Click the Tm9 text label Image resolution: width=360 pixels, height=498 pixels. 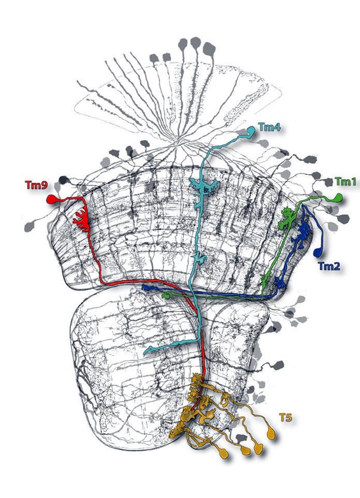(x=37, y=185)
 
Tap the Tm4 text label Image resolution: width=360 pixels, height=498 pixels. (x=269, y=127)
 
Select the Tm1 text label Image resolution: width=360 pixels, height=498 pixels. (x=346, y=182)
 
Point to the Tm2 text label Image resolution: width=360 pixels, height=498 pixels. (x=329, y=266)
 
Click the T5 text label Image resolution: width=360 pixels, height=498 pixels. (x=286, y=418)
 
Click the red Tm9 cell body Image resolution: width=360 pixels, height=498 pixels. (x=52, y=199)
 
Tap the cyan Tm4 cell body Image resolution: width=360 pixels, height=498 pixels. (x=251, y=131)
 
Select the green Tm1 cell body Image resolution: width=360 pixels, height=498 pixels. (x=337, y=197)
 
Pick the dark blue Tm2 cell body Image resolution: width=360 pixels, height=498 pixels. (x=317, y=252)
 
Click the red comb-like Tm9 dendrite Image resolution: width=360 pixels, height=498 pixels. (x=81, y=219)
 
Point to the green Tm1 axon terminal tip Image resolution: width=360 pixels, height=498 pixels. (x=164, y=296)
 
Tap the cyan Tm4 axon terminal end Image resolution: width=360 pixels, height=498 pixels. (x=146, y=352)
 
